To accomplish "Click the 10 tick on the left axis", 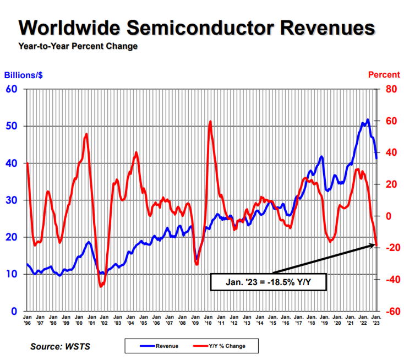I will coord(12,274).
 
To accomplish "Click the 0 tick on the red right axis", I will coord(390,216).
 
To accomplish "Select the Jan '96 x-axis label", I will coord(27,320).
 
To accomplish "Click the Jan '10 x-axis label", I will coord(209,320).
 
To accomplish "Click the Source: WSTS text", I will coord(62,346).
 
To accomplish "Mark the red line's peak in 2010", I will coord(210,122).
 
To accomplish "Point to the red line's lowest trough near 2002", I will coord(101,286).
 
